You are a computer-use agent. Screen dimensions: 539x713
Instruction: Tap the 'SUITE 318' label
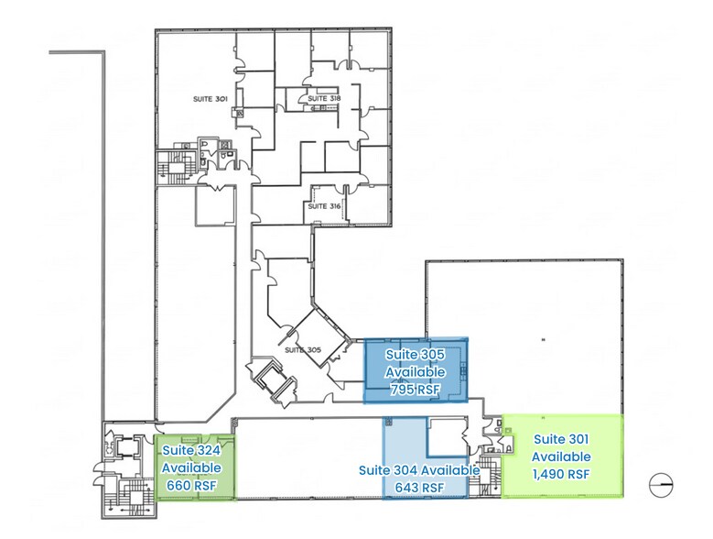[x=323, y=98]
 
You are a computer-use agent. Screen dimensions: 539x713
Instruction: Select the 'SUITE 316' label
[x=323, y=206]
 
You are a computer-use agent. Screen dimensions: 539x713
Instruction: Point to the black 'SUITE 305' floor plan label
[x=302, y=349]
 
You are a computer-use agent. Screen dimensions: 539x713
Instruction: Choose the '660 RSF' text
[x=190, y=485]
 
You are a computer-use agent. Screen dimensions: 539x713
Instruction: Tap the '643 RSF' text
[x=418, y=488]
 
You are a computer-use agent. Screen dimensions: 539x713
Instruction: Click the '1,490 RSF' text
[x=562, y=474]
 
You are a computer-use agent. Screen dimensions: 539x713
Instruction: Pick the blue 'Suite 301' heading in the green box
[x=562, y=438]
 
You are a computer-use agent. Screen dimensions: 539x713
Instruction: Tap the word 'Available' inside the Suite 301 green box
[x=562, y=456]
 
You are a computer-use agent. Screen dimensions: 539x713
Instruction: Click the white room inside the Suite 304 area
[x=448, y=437]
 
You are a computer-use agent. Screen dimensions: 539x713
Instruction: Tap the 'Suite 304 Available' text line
[x=418, y=470]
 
